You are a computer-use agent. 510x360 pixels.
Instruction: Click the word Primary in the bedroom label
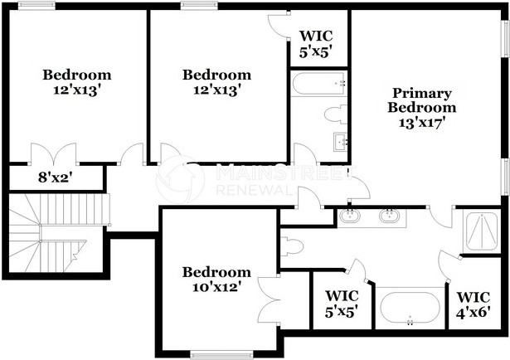423,92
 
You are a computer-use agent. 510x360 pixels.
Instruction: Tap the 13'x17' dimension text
423,122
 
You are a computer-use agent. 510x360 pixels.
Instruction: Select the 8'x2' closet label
56,177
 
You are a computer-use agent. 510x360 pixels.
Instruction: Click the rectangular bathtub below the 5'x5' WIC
318,84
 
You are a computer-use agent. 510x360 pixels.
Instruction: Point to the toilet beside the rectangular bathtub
335,114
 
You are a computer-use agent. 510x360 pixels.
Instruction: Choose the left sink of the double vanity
351,216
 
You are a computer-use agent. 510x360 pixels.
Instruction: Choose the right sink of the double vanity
387,216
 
